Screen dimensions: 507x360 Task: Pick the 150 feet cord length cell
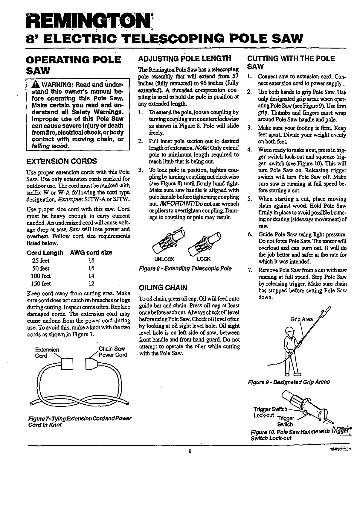[x=42, y=283]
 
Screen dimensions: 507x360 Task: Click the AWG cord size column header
[x=91, y=252]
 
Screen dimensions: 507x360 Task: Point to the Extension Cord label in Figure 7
[x=47, y=353]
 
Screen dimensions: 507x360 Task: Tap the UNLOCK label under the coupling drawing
[x=164, y=259]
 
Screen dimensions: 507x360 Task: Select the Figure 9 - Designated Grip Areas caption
[x=289, y=382]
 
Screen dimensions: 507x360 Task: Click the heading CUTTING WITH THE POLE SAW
[x=291, y=62]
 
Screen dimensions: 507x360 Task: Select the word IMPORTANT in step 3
[x=174, y=204]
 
